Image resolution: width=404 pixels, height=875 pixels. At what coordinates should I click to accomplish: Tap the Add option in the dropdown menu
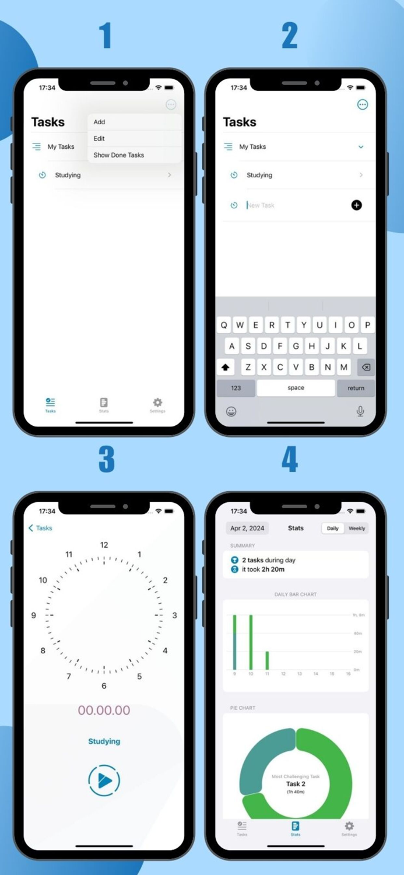tap(100, 122)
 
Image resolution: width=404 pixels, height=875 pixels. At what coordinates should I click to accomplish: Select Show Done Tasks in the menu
tap(118, 155)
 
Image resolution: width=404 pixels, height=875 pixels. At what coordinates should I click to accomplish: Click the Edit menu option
tap(99, 139)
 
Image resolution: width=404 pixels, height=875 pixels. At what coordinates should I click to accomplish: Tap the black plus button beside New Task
tap(356, 205)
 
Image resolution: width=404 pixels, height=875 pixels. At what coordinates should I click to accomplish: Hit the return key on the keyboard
tap(356, 388)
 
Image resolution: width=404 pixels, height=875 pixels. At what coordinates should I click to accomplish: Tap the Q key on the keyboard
tap(224, 325)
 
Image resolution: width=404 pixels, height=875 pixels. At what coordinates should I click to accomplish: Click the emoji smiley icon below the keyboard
tap(231, 412)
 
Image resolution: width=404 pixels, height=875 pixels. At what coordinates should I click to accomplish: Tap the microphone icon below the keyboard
tap(360, 411)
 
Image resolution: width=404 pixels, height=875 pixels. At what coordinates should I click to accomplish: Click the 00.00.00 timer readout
tap(104, 710)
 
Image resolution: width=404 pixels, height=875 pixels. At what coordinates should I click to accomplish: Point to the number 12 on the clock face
tap(104, 545)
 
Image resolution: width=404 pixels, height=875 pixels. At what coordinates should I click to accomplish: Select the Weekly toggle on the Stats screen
tap(356, 528)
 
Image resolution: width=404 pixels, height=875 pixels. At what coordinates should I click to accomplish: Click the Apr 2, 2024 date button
tap(247, 528)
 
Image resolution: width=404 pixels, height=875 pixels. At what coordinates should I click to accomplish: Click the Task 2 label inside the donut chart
tap(296, 784)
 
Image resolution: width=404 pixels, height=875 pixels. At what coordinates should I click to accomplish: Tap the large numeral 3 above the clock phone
tap(106, 460)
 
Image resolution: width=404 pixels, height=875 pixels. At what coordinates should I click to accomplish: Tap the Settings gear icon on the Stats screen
tap(349, 827)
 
